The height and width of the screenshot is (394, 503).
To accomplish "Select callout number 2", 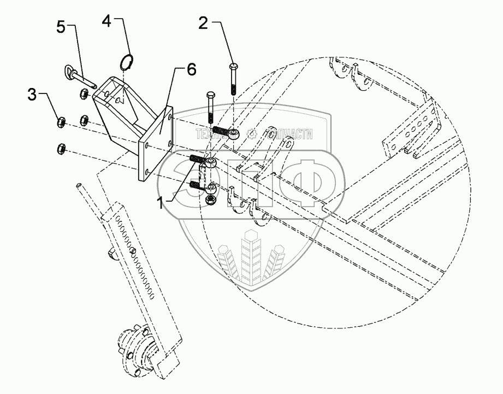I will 203,23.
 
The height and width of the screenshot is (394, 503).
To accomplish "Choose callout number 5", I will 62,27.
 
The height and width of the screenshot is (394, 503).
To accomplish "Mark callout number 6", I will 191,69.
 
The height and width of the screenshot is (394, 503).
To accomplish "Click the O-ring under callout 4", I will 127,62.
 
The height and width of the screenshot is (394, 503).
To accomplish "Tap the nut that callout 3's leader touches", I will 62,121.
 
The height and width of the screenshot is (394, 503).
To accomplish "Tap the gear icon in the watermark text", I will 252,133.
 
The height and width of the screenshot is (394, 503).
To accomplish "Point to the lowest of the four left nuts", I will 62,148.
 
